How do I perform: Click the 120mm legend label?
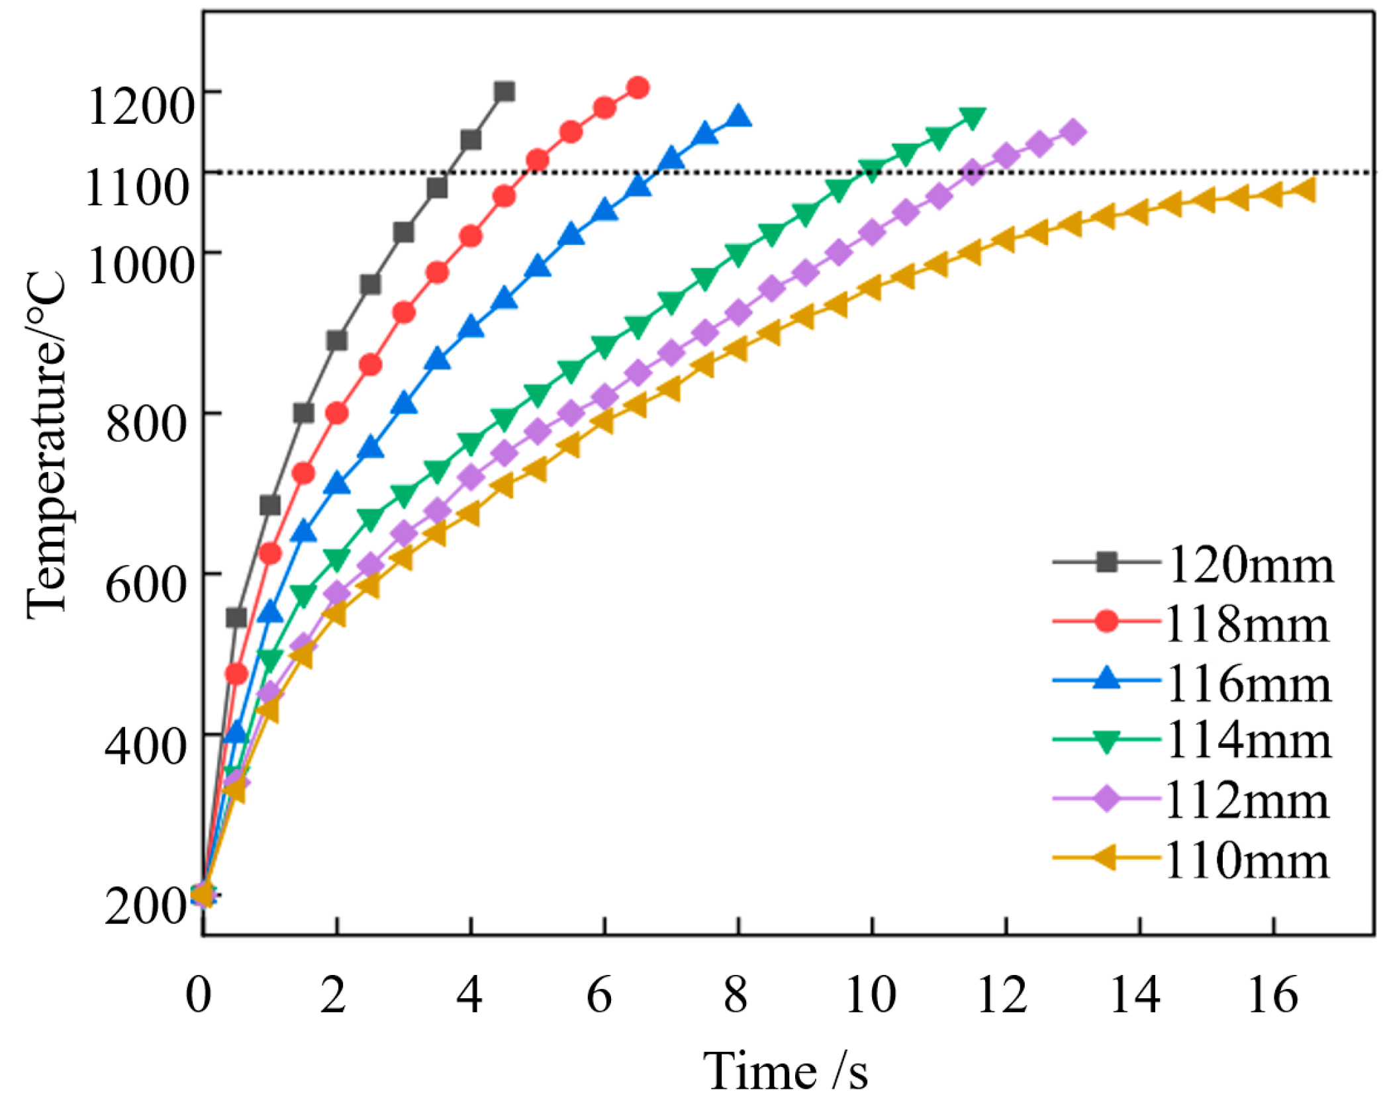click(x=1250, y=566)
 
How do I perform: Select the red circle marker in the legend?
click(x=1106, y=622)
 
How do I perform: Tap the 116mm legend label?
click(x=1248, y=684)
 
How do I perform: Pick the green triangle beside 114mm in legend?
click(x=1106, y=741)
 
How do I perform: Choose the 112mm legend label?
click(x=1247, y=802)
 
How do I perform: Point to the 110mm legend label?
click(x=1247, y=861)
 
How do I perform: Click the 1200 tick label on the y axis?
click(x=140, y=106)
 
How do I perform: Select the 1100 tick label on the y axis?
click(x=138, y=187)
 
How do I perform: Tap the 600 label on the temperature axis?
click(x=146, y=584)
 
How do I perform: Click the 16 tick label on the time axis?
click(x=1272, y=995)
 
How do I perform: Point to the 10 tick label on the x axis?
click(x=871, y=995)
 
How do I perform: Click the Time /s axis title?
click(x=785, y=1071)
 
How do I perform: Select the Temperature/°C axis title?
click(x=46, y=445)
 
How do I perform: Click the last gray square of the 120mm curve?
click(x=504, y=91)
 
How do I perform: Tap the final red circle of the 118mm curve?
click(x=638, y=87)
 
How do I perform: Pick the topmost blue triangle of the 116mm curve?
click(x=738, y=116)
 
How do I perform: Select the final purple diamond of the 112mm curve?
click(x=1073, y=132)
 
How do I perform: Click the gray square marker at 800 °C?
click(x=303, y=413)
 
